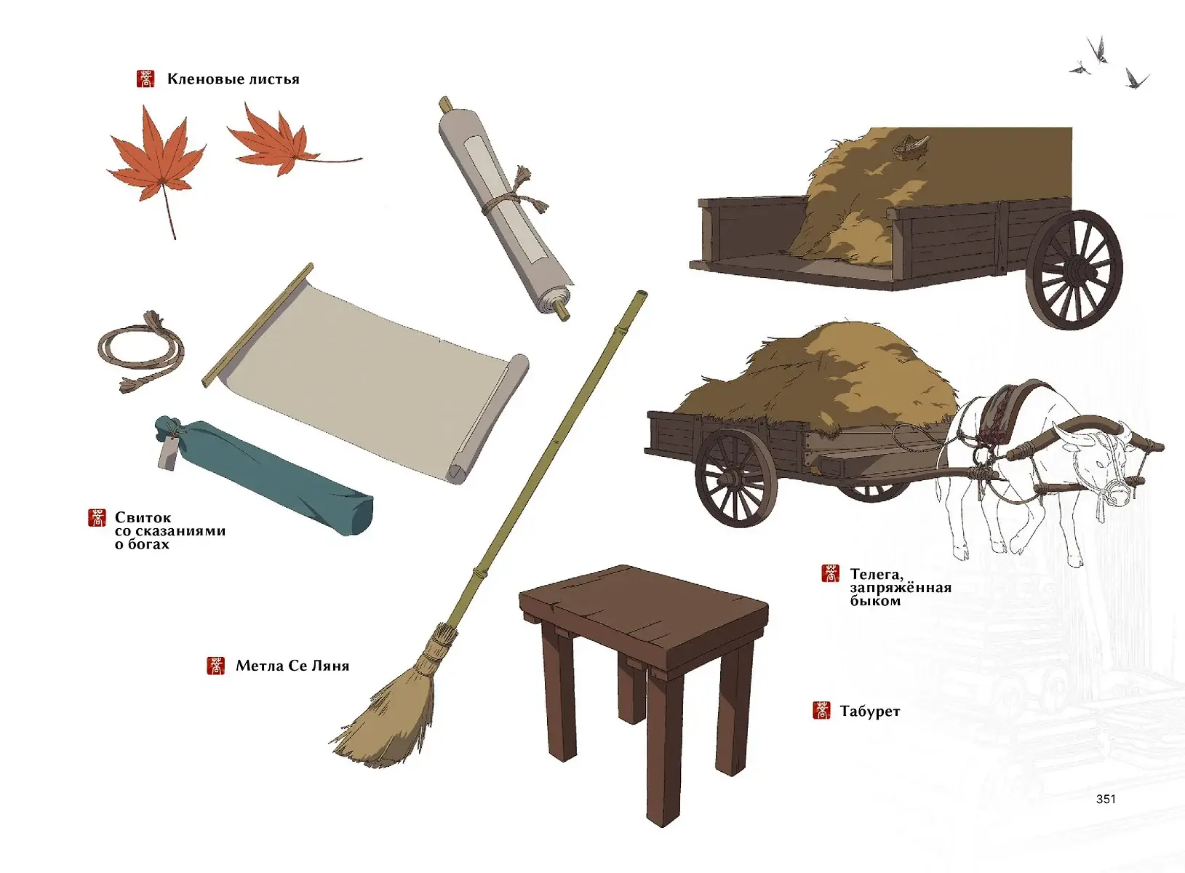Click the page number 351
pyautogui.click(x=1106, y=799)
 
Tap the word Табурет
pyautogui.click(x=870, y=711)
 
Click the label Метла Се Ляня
pyautogui.click(x=292, y=666)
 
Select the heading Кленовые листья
pyautogui.click(x=234, y=79)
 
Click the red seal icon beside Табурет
pyautogui.click(x=821, y=711)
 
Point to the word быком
pyautogui.click(x=876, y=601)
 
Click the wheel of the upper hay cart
pyautogui.click(x=1074, y=270)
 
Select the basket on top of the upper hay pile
pyautogui.click(x=911, y=146)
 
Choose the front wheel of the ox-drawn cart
pyautogui.click(x=736, y=478)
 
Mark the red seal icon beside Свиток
pyautogui.click(x=97, y=518)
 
